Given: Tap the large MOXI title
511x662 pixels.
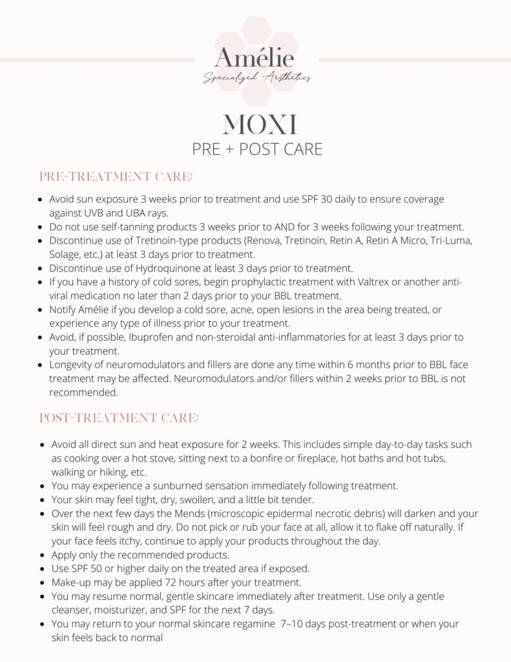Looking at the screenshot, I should click(256, 123).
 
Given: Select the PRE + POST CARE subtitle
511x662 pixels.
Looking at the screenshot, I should click(256, 149).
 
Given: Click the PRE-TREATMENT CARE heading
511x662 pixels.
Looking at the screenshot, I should click(116, 176).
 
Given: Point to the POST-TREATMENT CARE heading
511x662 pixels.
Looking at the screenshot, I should click(119, 418).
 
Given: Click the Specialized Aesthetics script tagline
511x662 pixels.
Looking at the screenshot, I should click(256, 78).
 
